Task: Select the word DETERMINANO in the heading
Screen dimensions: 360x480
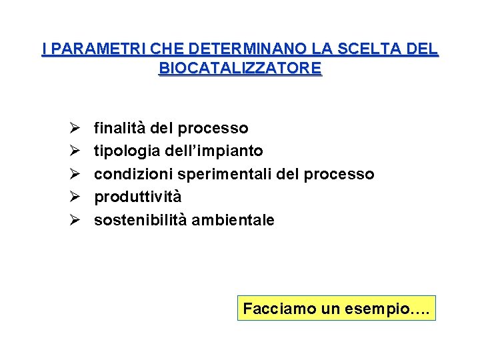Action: point(243,49)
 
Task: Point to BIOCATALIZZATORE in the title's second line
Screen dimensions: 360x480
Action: point(240,69)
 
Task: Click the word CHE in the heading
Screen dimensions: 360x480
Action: point(169,49)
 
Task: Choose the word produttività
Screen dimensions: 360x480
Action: point(137,197)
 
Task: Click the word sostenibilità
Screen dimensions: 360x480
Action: point(140,220)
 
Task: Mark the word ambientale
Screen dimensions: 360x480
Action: point(233,220)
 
